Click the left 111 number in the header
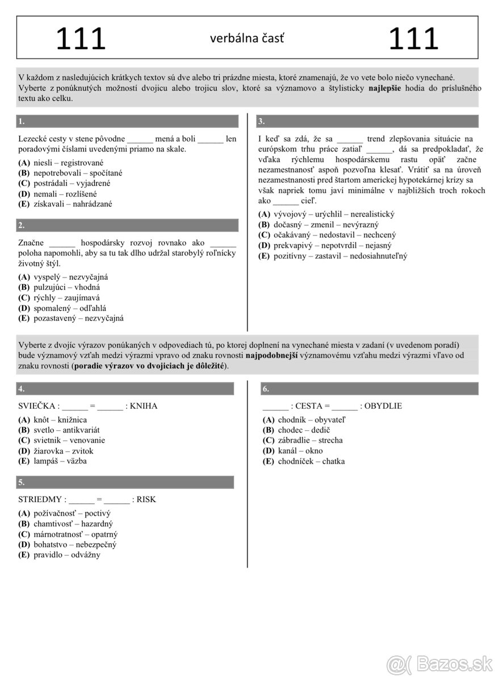tap(81, 39)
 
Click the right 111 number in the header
tap(414, 39)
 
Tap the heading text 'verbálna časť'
tap(247, 39)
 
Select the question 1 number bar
tap(128, 121)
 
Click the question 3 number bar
tap(367, 121)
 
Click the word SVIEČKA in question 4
tap(37, 406)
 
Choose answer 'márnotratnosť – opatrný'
tap(76, 534)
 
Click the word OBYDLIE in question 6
tap(383, 406)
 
